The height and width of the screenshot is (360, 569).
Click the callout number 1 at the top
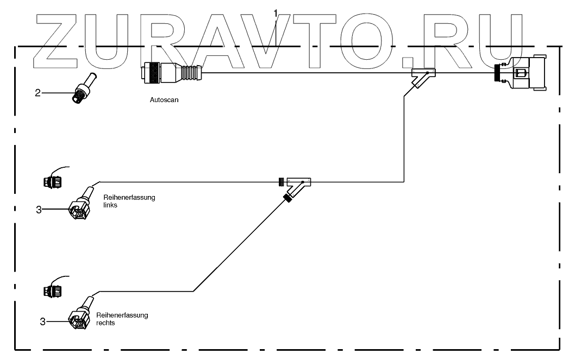(276, 12)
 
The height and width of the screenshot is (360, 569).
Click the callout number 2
(37, 93)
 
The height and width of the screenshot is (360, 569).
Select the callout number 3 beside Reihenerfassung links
(39, 209)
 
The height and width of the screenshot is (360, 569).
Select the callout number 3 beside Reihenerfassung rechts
(42, 322)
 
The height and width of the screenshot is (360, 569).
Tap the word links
(110, 206)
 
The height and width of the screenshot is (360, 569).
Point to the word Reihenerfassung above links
(129, 198)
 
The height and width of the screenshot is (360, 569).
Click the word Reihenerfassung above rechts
(122, 315)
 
